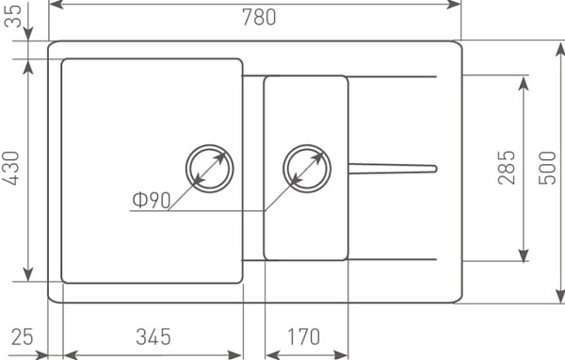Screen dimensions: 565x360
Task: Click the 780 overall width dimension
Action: (x=259, y=17)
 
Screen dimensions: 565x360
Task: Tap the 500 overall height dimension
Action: (x=547, y=168)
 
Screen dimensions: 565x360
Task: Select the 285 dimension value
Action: (x=507, y=168)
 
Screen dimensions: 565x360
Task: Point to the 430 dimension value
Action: (x=10, y=168)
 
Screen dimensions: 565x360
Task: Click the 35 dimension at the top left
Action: (x=13, y=16)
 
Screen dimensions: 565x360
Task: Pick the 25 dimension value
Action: (x=23, y=336)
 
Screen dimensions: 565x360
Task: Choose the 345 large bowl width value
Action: (x=153, y=336)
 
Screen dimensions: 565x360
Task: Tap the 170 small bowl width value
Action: (x=303, y=336)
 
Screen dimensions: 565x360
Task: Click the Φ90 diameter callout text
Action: (x=152, y=200)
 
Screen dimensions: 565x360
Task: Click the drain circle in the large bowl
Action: (x=209, y=145)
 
